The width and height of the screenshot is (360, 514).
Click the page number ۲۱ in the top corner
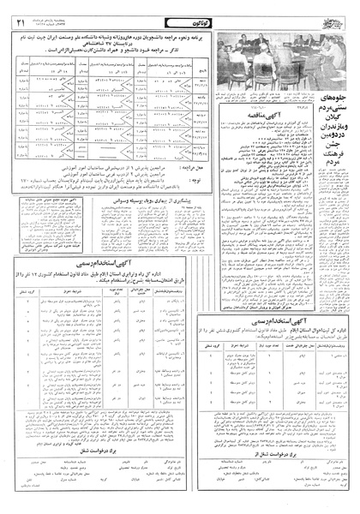(x=19, y=13)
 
